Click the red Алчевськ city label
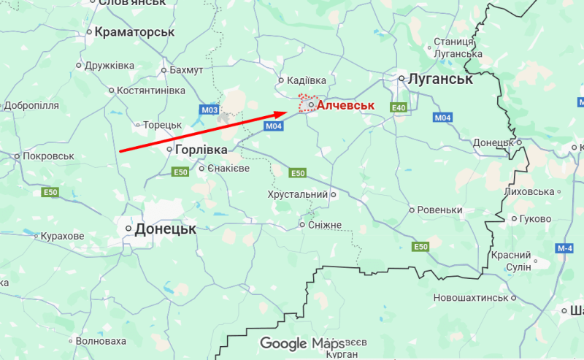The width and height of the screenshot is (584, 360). (x=345, y=106)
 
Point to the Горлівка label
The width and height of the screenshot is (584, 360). (x=201, y=149)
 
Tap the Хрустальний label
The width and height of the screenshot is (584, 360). (x=297, y=195)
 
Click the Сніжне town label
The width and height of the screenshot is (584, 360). (x=325, y=225)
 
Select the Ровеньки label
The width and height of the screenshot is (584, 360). (x=440, y=210)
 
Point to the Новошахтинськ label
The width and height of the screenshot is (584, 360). (x=470, y=298)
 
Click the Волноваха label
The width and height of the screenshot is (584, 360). (x=101, y=341)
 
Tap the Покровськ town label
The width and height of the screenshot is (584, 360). (x=49, y=156)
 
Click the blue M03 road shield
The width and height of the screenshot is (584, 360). (x=210, y=110)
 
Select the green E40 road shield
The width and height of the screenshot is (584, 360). (x=399, y=108)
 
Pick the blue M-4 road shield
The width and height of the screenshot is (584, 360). (x=564, y=249)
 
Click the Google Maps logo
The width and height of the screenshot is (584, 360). (x=302, y=343)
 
